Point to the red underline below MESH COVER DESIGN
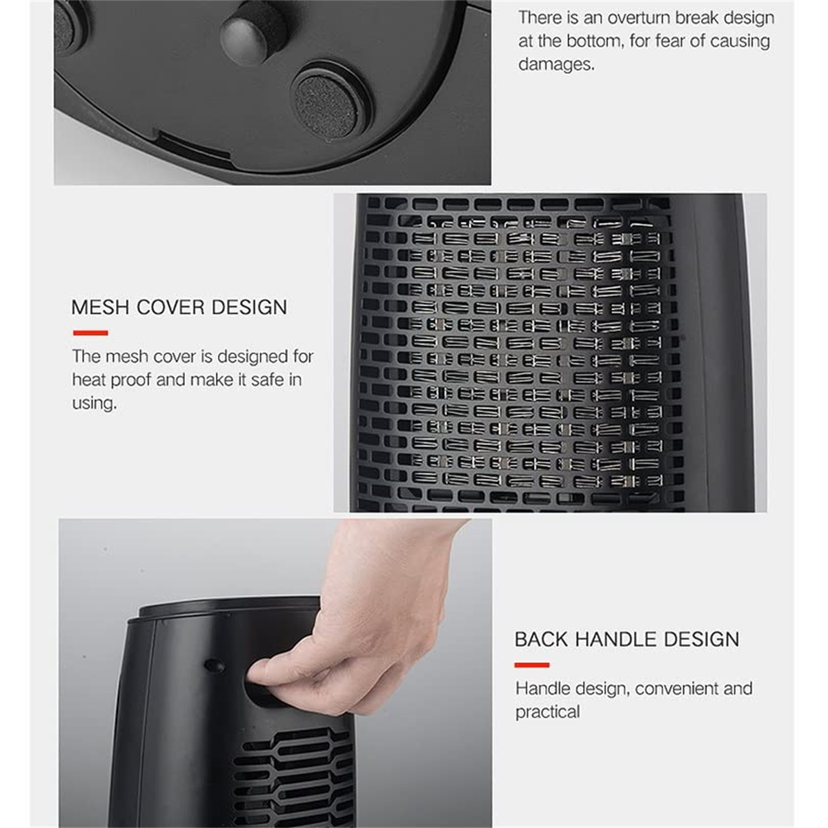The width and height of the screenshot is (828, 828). (x=90, y=333)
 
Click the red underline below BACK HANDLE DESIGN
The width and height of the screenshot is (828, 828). (x=532, y=665)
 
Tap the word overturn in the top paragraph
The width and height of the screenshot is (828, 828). (x=639, y=18)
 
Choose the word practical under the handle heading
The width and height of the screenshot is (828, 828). (x=547, y=712)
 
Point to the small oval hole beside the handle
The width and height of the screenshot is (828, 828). (x=215, y=667)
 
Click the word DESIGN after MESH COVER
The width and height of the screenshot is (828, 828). (x=249, y=307)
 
